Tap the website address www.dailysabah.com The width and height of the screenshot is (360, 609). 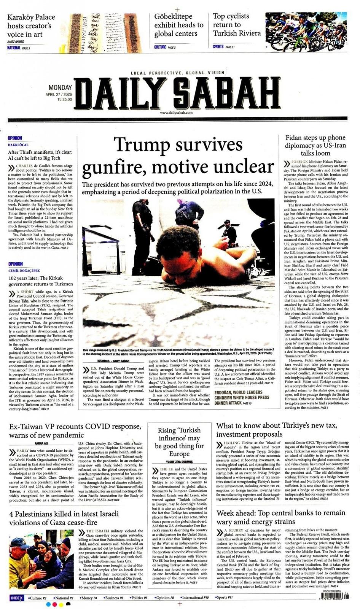point(176,113)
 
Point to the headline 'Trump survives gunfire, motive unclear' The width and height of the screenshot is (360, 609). point(178,156)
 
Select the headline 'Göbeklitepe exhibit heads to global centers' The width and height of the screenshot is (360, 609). point(179,25)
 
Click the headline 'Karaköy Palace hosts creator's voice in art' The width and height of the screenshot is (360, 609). point(31,26)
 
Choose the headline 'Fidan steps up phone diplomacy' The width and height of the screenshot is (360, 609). point(315,145)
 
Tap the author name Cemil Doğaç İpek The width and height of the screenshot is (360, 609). point(24,270)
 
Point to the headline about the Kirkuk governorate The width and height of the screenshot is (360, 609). point(41,281)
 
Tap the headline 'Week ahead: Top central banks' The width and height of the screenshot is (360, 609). point(281,517)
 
